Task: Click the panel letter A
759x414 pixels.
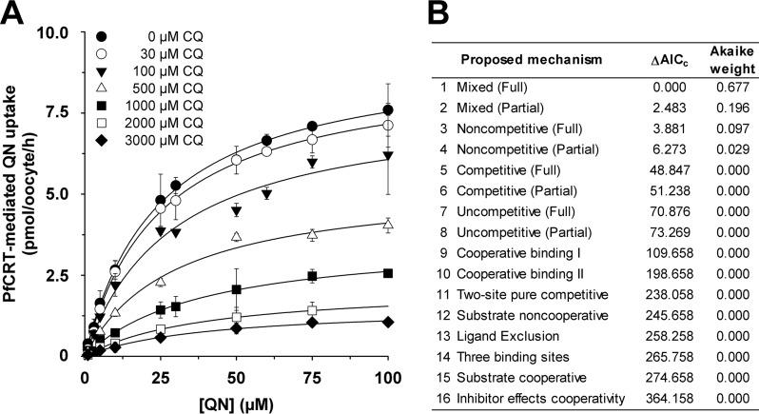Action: (x=15, y=16)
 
